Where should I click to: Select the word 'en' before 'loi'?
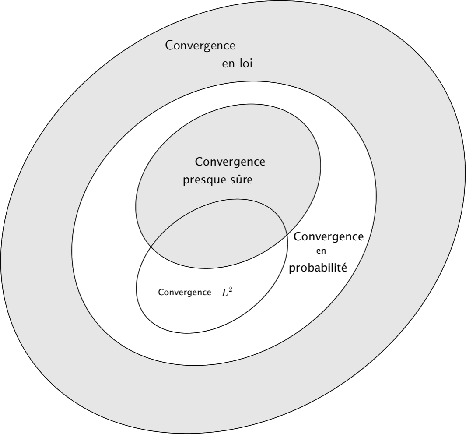228,65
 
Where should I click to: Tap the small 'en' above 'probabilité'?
321,251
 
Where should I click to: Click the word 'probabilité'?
318,268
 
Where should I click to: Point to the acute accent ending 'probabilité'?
344,263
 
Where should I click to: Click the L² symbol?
227,293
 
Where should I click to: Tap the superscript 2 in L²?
231,290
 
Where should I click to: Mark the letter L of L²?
224,293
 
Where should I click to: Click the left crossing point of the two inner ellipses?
151,247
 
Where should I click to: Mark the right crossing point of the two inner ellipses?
287,235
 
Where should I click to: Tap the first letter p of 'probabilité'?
292,269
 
